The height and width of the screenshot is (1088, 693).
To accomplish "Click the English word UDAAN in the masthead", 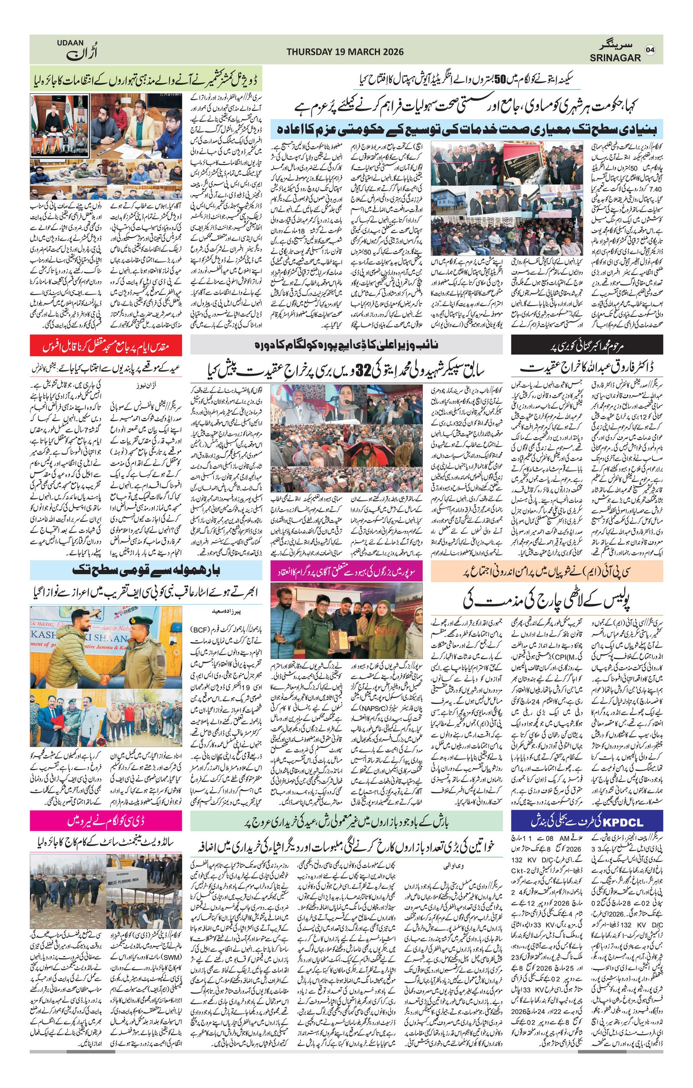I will point(70,43).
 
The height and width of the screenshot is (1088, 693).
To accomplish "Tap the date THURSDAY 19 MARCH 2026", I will point(345,52).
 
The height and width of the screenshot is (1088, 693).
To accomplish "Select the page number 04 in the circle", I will point(650,50).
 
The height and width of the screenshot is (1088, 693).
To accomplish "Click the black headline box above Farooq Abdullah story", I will point(587,345).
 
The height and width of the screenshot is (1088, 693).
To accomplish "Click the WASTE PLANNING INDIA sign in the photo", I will point(131,882).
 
